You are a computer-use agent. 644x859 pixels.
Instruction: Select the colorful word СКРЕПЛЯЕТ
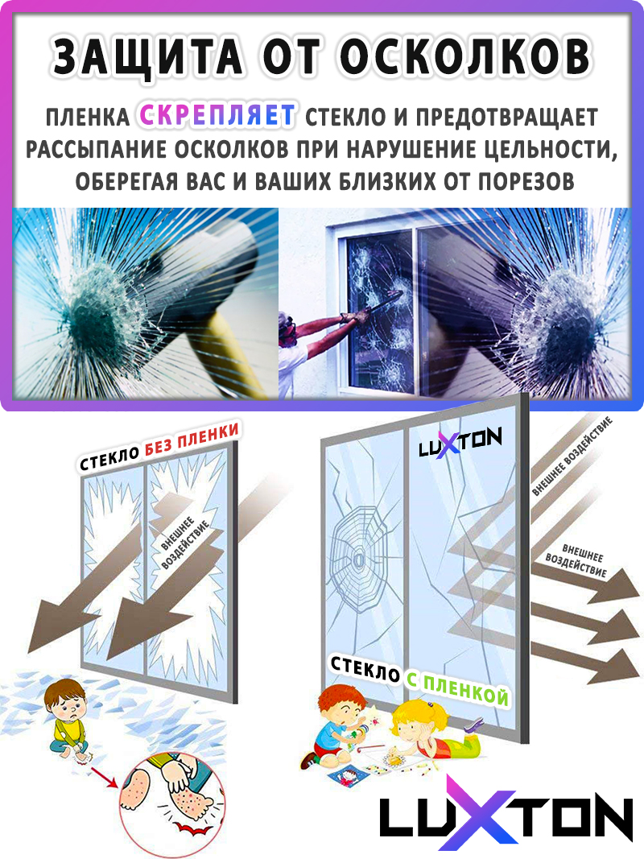click(218, 116)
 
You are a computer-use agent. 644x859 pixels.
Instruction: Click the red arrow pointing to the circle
click(106, 776)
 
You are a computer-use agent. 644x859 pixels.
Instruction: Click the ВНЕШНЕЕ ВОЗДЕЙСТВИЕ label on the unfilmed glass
click(185, 543)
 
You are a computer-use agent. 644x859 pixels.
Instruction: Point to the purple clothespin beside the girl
click(473, 726)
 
